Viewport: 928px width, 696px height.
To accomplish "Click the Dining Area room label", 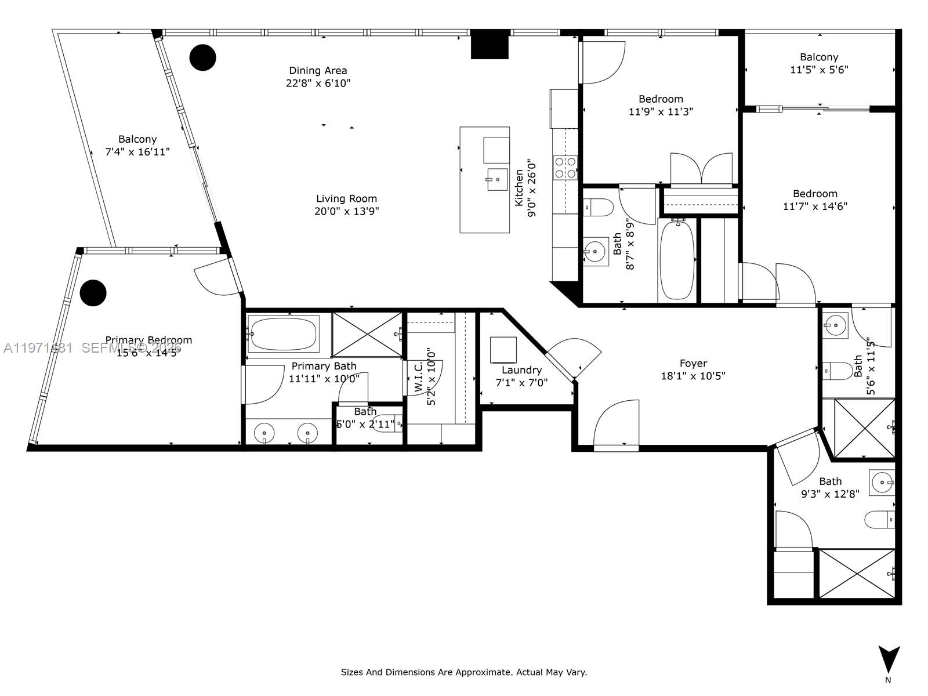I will tap(318, 71).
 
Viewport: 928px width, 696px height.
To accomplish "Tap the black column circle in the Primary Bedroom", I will tap(93, 293).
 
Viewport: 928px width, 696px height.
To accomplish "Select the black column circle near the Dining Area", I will tap(203, 57).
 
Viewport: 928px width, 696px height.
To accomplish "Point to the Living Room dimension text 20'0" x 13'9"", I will tap(346, 212).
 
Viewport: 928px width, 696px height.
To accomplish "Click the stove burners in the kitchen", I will tap(565, 168).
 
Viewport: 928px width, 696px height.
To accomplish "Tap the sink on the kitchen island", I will tap(497, 179).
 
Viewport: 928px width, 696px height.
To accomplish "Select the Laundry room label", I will tap(521, 370).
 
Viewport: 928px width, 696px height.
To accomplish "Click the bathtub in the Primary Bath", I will tap(283, 333).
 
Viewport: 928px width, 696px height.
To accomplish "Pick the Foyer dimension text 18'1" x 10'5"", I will tap(693, 376).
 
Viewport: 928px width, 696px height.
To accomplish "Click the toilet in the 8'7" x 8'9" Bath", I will tap(598, 206).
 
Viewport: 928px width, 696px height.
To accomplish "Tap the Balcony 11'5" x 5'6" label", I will tap(819, 57).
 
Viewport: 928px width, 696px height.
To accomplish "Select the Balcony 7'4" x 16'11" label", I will tap(137, 139).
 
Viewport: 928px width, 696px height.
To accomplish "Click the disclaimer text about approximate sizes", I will tap(463, 672).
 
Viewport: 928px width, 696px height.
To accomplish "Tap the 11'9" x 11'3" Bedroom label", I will tap(661, 99).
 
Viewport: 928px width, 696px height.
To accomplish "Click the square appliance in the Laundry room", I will tap(503, 350).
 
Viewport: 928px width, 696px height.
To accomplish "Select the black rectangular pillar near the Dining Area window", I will tap(490, 45).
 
